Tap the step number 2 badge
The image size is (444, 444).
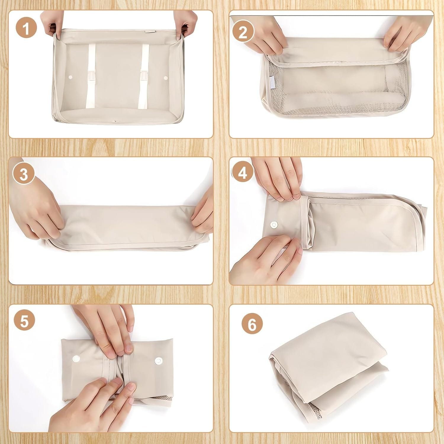tap(243, 32)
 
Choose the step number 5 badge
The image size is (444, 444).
tap(24, 321)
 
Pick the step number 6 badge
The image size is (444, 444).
tap(252, 325)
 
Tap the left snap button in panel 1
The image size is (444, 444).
tap(70, 77)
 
